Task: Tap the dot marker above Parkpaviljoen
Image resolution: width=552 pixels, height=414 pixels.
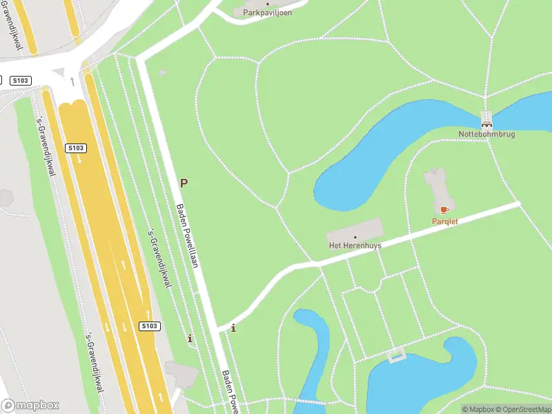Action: coord(268,3)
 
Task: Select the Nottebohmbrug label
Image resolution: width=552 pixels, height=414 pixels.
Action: coord(487,134)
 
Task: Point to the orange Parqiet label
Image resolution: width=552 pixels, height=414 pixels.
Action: coord(445,221)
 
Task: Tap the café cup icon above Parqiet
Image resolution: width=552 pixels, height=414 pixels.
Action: coord(444,210)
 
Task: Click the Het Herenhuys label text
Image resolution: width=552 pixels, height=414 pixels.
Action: coord(355,246)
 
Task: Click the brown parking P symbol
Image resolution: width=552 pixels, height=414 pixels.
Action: coord(184,183)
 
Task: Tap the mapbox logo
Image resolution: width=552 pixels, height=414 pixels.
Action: coord(30,406)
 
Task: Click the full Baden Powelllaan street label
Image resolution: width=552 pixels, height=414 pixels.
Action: coord(188,235)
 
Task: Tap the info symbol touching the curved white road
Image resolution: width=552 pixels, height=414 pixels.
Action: coord(233,328)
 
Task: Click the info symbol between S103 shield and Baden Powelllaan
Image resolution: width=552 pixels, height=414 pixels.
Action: coord(190,339)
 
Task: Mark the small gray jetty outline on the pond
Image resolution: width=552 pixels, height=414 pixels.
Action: coord(396,356)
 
